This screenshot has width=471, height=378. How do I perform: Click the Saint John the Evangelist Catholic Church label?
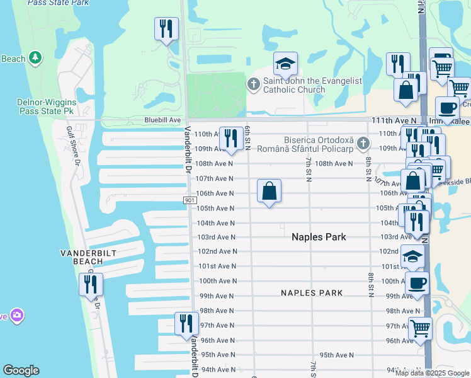[x=294, y=85]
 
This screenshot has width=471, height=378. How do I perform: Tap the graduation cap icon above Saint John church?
[x=285, y=64]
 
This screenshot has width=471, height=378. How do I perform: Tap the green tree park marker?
[x=37, y=59]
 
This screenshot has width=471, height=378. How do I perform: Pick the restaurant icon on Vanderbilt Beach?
[x=91, y=284]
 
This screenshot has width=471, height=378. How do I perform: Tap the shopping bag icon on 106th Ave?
[x=269, y=191]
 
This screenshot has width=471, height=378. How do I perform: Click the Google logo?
[x=21, y=370]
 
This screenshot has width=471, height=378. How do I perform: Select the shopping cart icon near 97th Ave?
[x=420, y=328]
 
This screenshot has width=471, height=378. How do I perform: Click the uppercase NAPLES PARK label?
[x=312, y=293]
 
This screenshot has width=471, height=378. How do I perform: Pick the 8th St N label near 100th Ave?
[x=370, y=277]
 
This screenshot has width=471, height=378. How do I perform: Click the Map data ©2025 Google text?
[x=432, y=373]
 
